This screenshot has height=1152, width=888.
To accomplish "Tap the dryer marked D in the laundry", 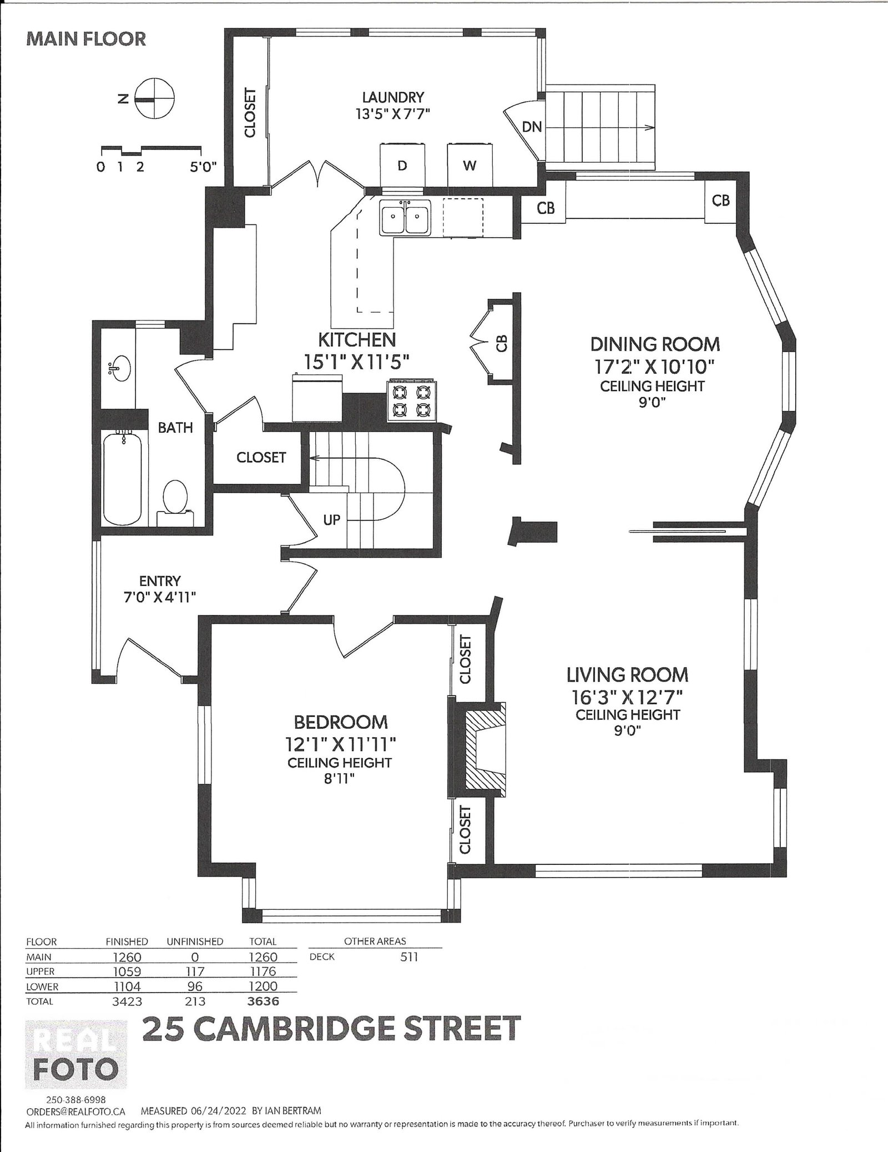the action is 403,165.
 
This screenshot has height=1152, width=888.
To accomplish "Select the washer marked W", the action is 470,165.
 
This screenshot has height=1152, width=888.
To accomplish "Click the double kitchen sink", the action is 405,217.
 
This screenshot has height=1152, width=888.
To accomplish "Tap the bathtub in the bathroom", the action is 122,477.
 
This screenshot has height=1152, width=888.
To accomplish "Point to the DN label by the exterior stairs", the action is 532,127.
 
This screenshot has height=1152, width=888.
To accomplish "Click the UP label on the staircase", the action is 331,520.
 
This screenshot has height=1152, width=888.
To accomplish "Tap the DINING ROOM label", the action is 655,344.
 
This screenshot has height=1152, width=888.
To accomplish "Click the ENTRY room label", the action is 160,581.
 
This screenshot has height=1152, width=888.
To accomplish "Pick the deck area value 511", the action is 409,956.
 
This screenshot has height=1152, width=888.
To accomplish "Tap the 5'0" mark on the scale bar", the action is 203,166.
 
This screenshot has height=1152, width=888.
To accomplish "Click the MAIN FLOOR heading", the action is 86,39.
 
